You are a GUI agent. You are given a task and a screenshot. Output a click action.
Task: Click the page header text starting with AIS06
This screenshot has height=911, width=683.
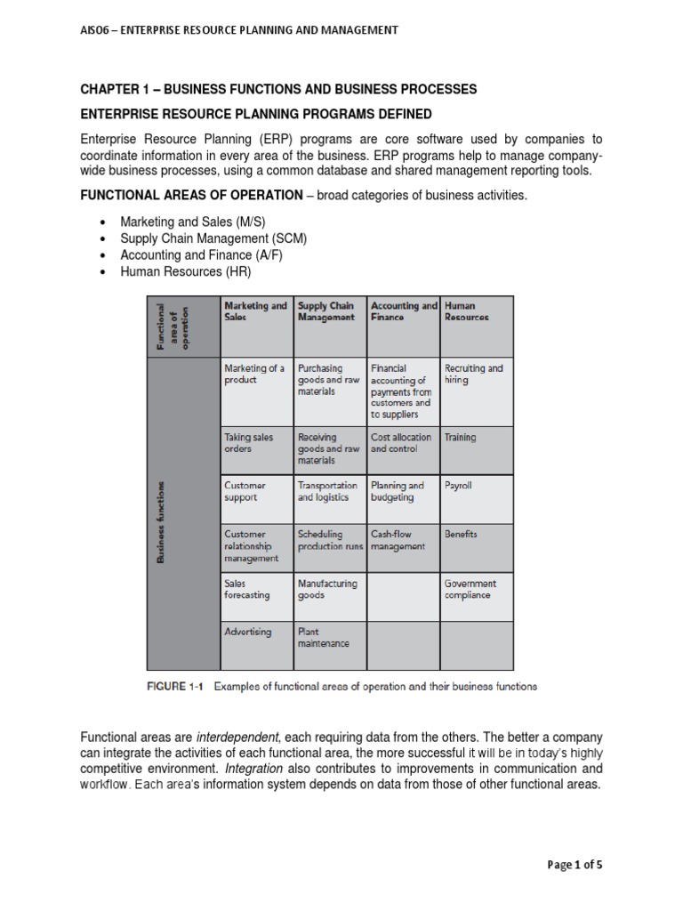239,30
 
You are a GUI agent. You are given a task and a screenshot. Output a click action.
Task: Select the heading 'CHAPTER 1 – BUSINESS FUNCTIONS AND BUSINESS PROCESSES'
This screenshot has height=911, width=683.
278,90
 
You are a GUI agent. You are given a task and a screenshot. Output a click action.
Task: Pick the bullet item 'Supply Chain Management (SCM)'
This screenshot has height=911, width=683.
213,238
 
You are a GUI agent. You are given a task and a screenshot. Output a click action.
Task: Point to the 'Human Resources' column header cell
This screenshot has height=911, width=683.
476,311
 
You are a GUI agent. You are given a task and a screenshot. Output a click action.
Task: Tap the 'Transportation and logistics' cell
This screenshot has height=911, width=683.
329,492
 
